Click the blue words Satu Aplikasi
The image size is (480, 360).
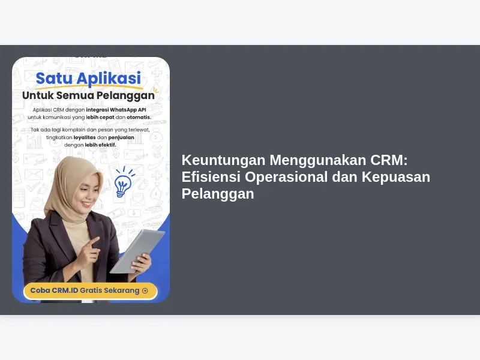coord(88,79)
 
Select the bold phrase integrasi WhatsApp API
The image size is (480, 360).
coord(116,110)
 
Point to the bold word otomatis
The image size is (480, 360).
coord(139,117)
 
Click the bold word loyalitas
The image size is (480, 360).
coord(85,137)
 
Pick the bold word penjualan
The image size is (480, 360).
coord(121,138)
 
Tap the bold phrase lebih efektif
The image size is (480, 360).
coord(100,145)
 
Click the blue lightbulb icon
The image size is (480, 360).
coord(123,183)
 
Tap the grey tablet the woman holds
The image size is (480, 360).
coord(137,251)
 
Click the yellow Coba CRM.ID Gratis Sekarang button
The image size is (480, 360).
coord(91,290)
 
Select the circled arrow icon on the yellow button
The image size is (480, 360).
coord(145,290)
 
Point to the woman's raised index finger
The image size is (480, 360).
coord(95,241)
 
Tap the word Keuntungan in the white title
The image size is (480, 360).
coord(223,160)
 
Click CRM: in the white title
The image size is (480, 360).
coord(389,160)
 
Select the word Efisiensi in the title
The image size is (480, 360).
coord(211,177)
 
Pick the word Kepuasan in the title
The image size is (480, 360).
coord(396,177)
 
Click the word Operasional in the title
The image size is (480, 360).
coord(286,177)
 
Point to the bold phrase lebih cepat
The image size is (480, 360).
coord(100,117)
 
